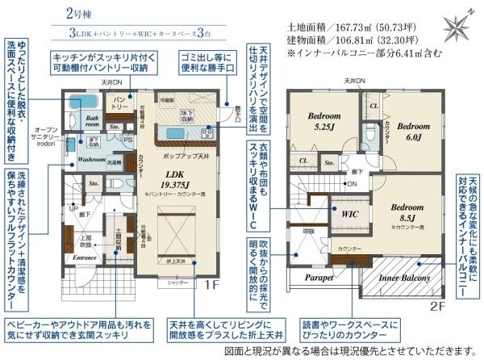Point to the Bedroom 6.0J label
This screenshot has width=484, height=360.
click(415, 131)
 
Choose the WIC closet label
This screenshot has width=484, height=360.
click(349, 216)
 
